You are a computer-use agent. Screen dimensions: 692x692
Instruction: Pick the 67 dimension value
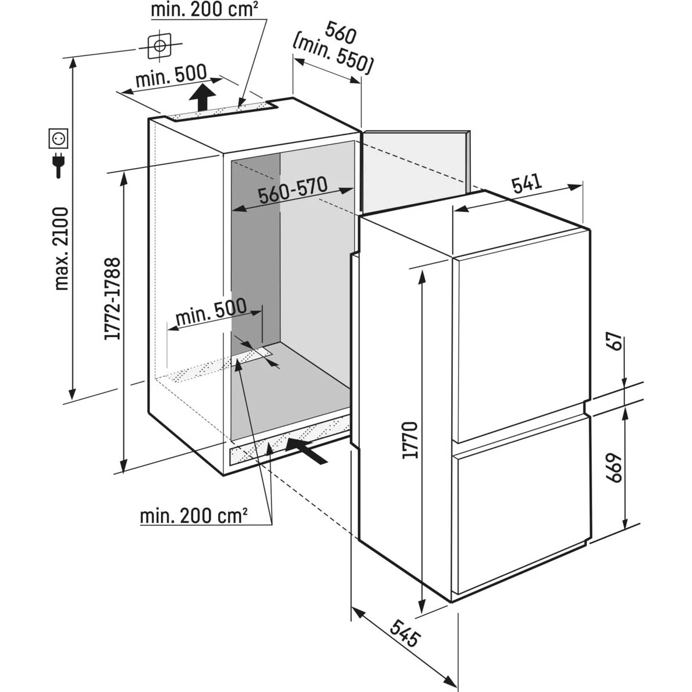click(613, 351)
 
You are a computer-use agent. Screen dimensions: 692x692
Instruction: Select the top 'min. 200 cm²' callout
click(205, 10)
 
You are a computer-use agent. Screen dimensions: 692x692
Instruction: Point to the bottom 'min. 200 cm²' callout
click(194, 516)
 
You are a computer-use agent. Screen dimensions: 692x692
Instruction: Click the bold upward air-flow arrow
click(203, 96)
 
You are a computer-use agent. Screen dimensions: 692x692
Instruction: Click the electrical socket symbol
click(59, 138)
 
